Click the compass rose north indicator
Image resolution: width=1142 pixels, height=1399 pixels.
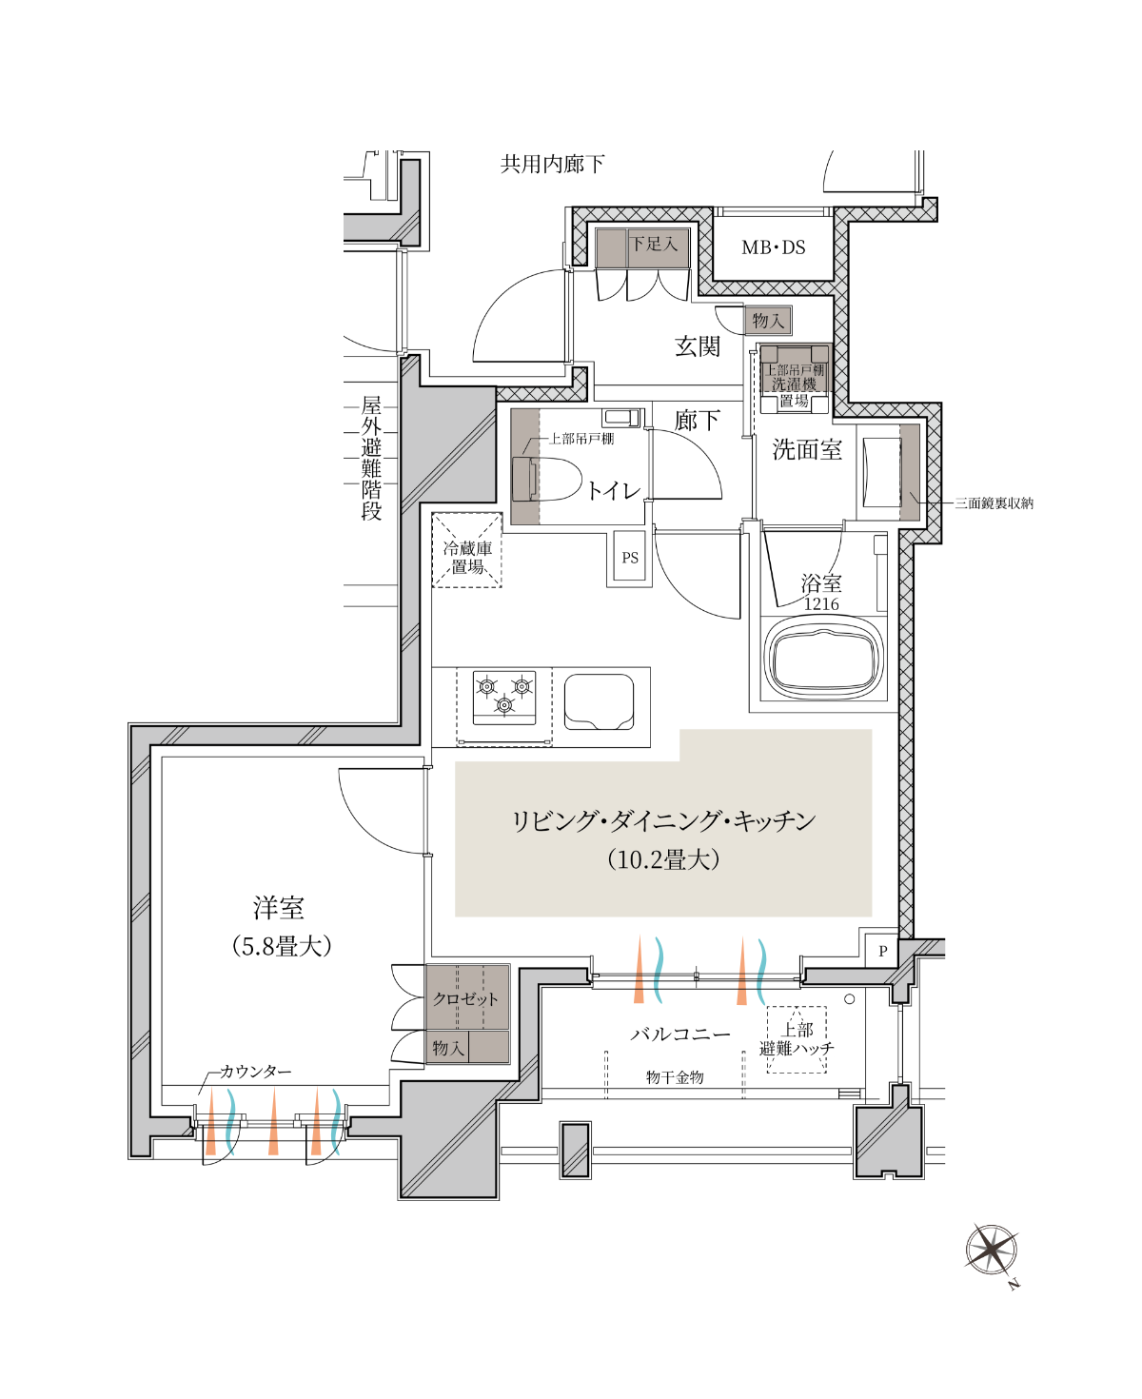pyautogui.click(x=992, y=1251)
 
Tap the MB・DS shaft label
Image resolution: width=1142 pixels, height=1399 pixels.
pyautogui.click(x=774, y=248)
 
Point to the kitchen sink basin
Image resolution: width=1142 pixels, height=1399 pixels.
pyautogui.click(x=599, y=702)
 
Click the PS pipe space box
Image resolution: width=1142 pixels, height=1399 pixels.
pyautogui.click(x=629, y=557)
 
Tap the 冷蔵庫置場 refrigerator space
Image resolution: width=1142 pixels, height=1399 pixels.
pyautogui.click(x=467, y=551)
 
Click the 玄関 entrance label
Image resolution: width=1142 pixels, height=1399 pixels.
pyautogui.click(x=698, y=346)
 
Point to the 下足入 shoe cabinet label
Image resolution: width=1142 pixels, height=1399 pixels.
pyautogui.click(x=653, y=244)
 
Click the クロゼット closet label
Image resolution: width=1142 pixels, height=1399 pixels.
pyautogui.click(x=465, y=998)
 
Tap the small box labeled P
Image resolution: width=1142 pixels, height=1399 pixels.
pyautogui.click(x=882, y=951)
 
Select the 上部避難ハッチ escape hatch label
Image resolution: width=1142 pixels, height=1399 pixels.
pyautogui.click(x=797, y=1039)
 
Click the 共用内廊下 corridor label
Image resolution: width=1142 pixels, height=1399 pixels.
pyautogui.click(x=552, y=163)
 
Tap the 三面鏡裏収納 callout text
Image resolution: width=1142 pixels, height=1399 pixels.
pyautogui.click(x=994, y=502)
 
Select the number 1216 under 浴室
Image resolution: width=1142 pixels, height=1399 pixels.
pyautogui.click(x=821, y=603)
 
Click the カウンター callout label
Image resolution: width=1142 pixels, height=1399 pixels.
pyautogui.click(x=255, y=1072)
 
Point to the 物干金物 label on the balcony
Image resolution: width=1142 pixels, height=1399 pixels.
pyautogui.click(x=675, y=1077)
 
